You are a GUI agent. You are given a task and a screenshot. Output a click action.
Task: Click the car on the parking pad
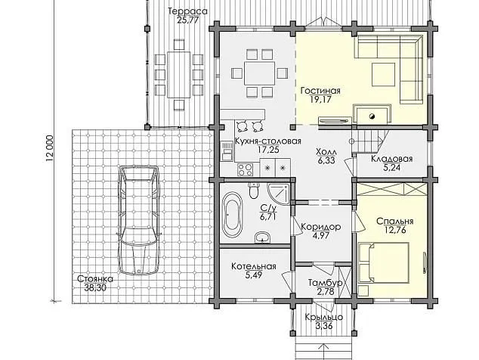[x=139, y=220]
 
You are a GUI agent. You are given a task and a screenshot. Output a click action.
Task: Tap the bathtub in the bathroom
[x=232, y=214]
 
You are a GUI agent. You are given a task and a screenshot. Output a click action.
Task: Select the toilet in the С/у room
[x=253, y=190]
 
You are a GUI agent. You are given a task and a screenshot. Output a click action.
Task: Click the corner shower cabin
[x=278, y=194]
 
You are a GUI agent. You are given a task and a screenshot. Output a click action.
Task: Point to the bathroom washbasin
[x=262, y=237]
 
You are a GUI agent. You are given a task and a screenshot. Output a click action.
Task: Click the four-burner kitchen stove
[x=245, y=169]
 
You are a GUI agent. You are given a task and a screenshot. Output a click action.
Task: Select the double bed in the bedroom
[x=383, y=263]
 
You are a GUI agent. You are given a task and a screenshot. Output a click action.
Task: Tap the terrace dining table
[x=179, y=75]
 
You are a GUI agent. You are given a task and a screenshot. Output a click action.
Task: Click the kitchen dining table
[x=259, y=73]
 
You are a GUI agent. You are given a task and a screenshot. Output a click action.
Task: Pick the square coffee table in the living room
[x=383, y=74]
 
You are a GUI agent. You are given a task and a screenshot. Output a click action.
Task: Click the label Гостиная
[x=320, y=91]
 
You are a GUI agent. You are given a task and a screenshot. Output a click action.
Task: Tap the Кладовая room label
[x=392, y=159]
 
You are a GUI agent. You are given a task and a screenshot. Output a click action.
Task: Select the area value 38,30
[x=95, y=287]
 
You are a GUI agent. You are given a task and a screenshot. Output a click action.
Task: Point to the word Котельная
[x=254, y=266]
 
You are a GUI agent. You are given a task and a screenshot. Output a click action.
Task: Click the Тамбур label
[x=325, y=283]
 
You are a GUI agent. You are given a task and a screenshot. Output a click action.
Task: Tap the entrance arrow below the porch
[x=323, y=352]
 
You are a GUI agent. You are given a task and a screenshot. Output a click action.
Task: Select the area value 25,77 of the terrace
[x=188, y=20]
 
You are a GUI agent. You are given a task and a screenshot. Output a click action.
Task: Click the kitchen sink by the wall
[x=227, y=151]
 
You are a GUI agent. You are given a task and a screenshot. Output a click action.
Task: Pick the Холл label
[x=326, y=152]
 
